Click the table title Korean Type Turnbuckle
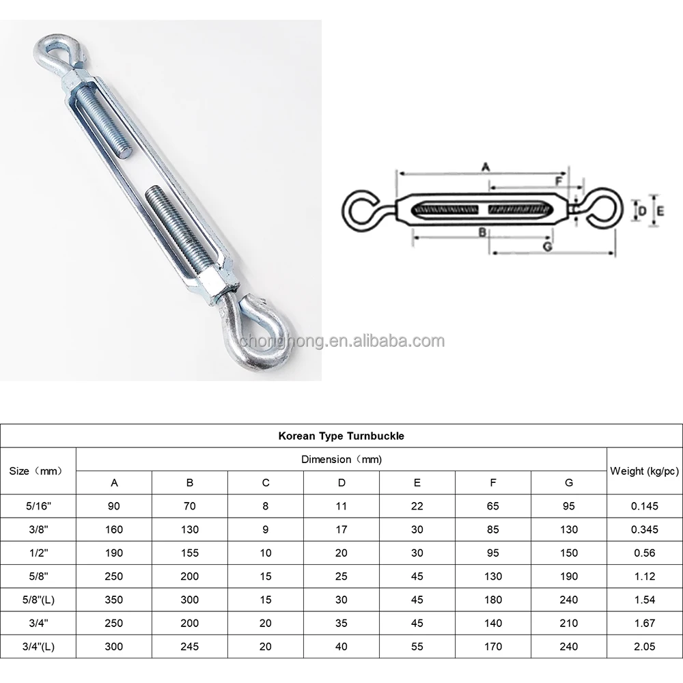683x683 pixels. click(341, 436)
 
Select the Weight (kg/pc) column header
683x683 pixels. click(644, 471)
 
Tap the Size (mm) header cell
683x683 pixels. click(38, 471)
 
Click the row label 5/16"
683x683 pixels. click(38, 506)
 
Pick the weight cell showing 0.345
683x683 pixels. click(644, 529)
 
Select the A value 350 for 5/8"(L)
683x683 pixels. click(114, 600)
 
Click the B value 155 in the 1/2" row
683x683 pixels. click(190, 553)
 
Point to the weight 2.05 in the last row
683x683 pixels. click(644, 646)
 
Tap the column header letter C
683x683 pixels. click(266, 483)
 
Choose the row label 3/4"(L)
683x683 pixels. click(38, 646)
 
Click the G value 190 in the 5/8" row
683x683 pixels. click(568, 576)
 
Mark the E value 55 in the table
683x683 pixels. click(417, 646)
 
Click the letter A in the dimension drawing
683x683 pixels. click(486, 166)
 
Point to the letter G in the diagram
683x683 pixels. click(546, 247)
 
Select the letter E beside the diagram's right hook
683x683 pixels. click(660, 212)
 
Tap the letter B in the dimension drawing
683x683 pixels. click(482, 232)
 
